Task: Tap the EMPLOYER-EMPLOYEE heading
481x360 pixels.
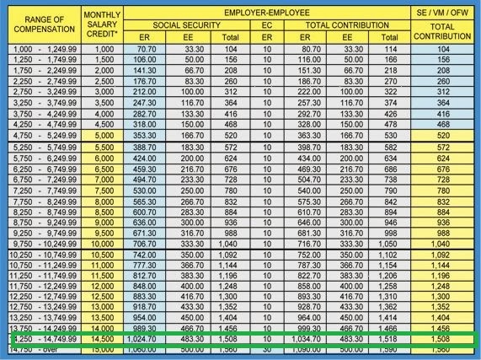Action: coord(265,13)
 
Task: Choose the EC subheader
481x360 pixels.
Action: coord(266,25)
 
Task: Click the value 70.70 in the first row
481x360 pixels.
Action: coord(156,51)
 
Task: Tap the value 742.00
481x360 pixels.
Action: coord(156,252)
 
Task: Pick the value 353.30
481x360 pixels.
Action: coord(156,134)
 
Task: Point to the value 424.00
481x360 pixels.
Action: coord(156,158)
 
